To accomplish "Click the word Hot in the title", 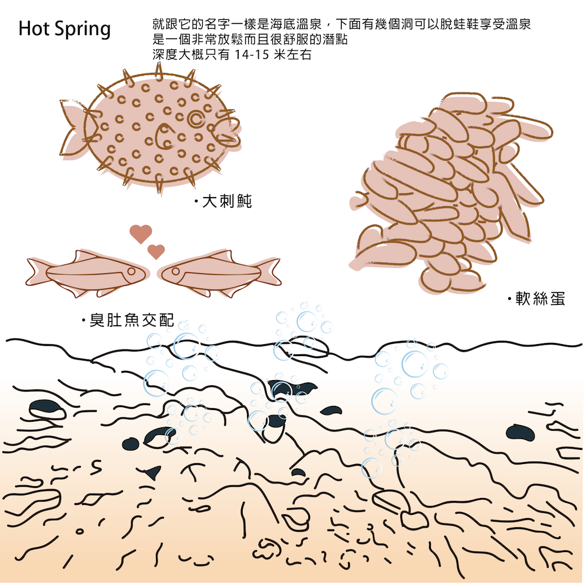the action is coord(34,28).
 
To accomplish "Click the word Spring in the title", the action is coord(83,30).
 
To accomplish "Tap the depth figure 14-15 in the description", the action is coord(252,55).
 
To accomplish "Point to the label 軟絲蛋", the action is coord(540,299).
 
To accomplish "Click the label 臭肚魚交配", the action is coord(132,320).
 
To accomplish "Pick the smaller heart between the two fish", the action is coord(156,252).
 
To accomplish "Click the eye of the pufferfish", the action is coord(195,118).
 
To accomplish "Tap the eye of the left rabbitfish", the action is coord(131,271).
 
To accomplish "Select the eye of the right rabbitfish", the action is coord(175,271).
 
